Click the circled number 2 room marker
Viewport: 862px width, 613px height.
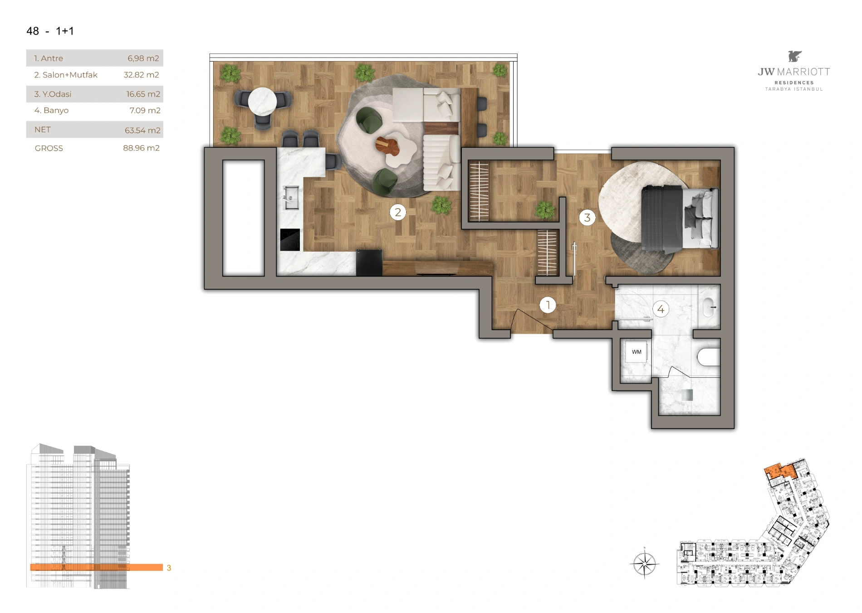pyautogui.click(x=398, y=212)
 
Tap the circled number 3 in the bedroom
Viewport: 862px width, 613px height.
pyautogui.click(x=587, y=218)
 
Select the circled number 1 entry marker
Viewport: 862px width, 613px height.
pyautogui.click(x=548, y=305)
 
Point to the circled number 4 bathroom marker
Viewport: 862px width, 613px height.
pyautogui.click(x=661, y=309)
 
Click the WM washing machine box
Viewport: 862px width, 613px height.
pyautogui.click(x=637, y=352)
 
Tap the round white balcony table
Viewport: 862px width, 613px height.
pyautogui.click(x=262, y=101)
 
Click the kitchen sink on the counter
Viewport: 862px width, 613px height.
pyautogui.click(x=291, y=198)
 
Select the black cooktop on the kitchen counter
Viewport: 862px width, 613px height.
pyautogui.click(x=290, y=240)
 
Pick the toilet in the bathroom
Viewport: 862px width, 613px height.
pyautogui.click(x=709, y=357)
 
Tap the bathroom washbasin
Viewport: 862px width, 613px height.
pyautogui.click(x=710, y=307)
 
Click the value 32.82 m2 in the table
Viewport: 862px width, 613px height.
pyautogui.click(x=141, y=75)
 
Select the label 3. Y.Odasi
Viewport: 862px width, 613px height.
pyautogui.click(x=53, y=94)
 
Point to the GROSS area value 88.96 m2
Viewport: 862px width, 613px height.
pyautogui.click(x=141, y=148)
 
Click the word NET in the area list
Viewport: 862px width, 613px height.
pyautogui.click(x=43, y=130)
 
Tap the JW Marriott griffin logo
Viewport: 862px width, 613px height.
pyautogui.click(x=794, y=56)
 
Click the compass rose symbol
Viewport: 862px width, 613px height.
pyautogui.click(x=645, y=564)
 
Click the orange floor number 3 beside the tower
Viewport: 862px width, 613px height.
pyautogui.click(x=169, y=568)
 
